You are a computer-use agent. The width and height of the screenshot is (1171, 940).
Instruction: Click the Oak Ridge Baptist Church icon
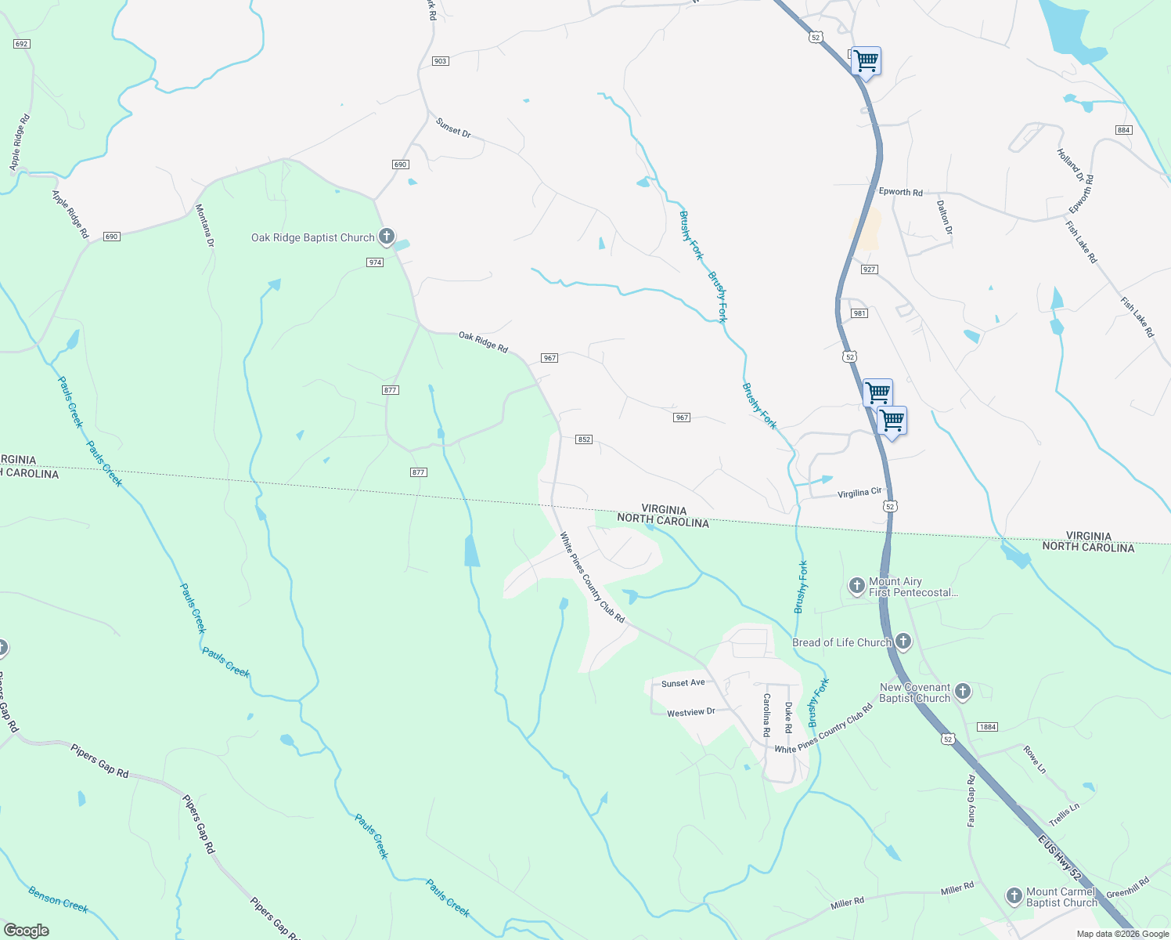coord(386,236)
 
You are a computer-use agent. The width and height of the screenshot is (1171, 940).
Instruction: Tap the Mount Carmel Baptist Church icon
coord(1014,896)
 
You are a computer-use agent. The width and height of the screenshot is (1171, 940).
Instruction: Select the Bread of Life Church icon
coord(903,642)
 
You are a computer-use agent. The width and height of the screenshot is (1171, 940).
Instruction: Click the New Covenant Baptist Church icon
coord(963,692)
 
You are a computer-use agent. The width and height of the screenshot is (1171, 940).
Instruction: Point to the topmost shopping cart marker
coord(866,60)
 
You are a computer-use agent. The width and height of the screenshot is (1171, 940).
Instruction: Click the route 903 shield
coord(440,61)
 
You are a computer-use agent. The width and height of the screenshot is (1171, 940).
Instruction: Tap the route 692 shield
coord(22,44)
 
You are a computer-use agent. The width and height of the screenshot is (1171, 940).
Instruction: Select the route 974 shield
coord(375,262)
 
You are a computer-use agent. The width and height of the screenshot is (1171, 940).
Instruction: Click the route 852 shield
coord(584,439)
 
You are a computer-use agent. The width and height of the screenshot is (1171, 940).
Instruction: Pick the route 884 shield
coord(1124,130)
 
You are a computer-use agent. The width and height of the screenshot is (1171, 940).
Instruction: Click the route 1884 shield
coord(988,727)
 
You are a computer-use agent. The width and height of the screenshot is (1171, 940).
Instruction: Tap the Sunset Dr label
coord(453,128)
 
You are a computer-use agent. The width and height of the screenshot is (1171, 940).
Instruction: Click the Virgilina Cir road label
coord(859,493)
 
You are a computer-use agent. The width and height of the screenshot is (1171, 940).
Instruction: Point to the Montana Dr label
coord(204,226)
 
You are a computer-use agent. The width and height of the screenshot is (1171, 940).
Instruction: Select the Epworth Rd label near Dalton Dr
coord(900,192)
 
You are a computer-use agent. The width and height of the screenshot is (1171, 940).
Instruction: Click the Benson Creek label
coord(58,899)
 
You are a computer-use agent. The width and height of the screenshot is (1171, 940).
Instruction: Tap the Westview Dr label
coord(690,713)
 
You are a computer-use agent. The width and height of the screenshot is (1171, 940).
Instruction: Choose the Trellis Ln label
coord(1064,815)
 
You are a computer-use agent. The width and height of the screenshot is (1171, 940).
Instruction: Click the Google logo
coord(26,931)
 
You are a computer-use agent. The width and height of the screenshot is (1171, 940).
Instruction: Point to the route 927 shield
coord(869,269)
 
